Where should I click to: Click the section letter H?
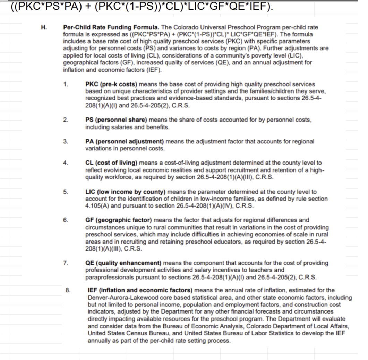coord(44,27)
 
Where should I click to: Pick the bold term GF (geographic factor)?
coord(119,220)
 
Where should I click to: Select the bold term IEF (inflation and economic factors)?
coord(140,290)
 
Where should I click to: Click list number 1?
coord(66,84)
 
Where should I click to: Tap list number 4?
coord(66,163)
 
